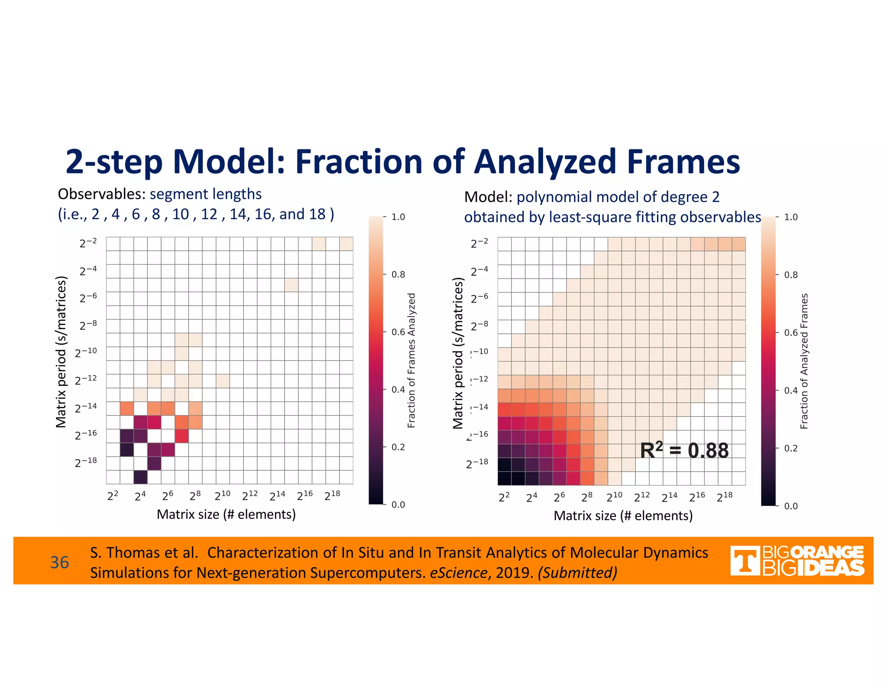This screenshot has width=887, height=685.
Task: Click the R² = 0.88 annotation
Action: (x=684, y=450)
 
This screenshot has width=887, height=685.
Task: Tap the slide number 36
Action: (x=59, y=562)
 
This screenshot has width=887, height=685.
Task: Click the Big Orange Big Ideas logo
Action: (x=797, y=561)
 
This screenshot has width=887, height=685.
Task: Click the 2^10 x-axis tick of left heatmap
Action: (x=223, y=495)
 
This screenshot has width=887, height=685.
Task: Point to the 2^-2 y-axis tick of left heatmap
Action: (x=88, y=243)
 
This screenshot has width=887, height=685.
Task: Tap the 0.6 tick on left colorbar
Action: (x=398, y=332)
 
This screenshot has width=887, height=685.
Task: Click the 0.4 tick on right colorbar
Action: (x=791, y=391)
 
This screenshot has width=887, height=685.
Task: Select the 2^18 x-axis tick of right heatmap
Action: (x=725, y=497)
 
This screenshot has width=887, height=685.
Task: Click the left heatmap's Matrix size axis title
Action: (x=226, y=514)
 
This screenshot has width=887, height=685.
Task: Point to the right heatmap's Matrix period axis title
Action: (x=458, y=353)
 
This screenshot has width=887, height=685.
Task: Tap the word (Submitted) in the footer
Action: (x=577, y=573)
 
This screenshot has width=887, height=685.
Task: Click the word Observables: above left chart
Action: (x=102, y=194)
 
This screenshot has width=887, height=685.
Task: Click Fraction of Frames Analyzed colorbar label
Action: (x=411, y=360)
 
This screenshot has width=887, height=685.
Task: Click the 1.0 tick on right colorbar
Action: (x=791, y=217)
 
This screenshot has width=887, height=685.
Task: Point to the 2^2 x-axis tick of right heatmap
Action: (x=504, y=497)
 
